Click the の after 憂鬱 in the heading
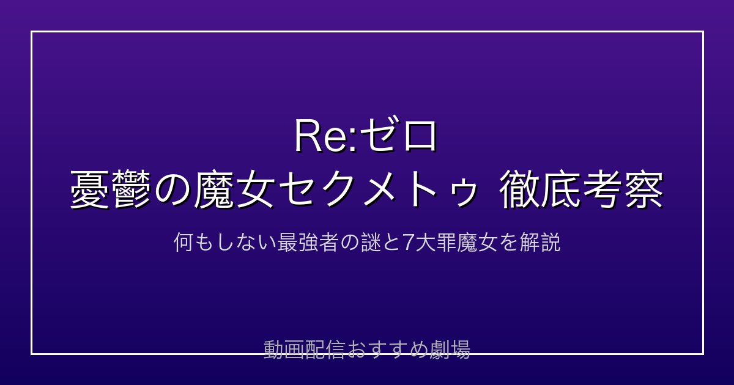pos(171,191)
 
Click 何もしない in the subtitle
pos(225,243)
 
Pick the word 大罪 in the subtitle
pos(436,243)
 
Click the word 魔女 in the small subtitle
pos(478,243)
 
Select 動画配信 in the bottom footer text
pos(304,350)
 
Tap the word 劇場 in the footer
pos(450,350)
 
